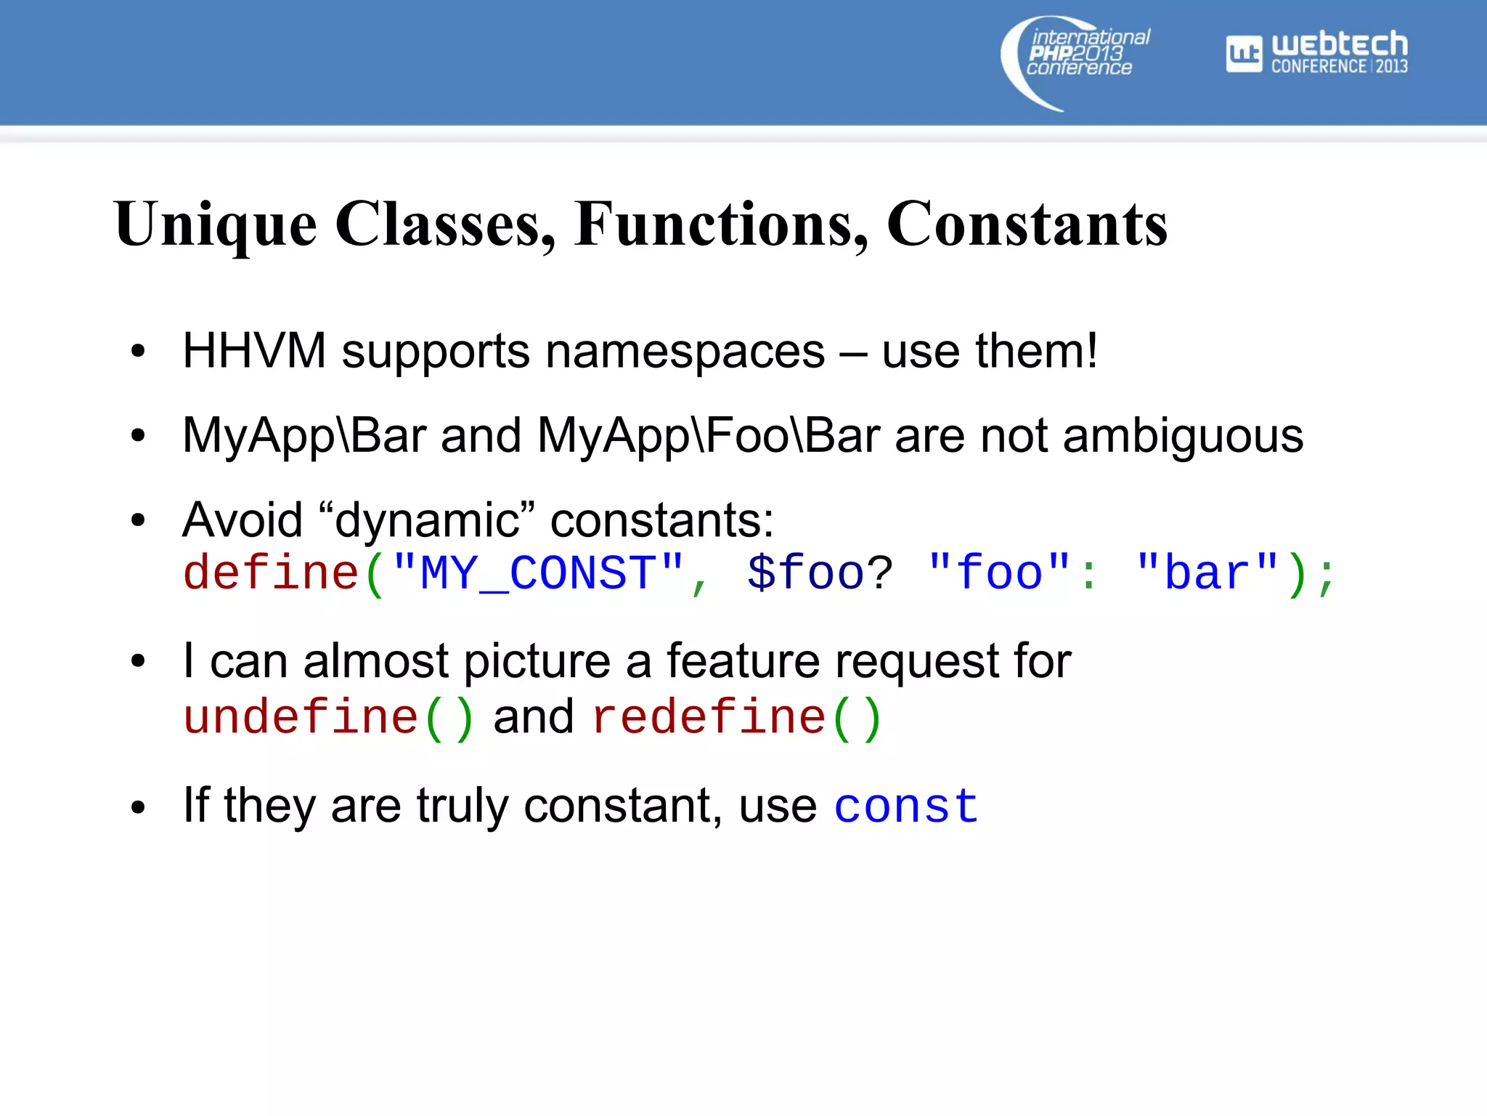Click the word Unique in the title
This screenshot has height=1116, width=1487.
[x=216, y=225]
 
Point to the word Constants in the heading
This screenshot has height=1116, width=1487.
[x=1027, y=225]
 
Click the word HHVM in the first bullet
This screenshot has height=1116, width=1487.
[x=254, y=352]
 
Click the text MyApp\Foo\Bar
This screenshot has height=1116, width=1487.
[x=709, y=436]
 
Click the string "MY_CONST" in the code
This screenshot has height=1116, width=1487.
[x=538, y=573]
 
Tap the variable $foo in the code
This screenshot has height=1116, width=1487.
[x=805, y=573]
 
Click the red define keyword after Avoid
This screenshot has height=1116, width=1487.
[x=271, y=573]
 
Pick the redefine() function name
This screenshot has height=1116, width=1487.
[x=736, y=718]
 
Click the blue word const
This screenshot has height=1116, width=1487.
[x=906, y=806]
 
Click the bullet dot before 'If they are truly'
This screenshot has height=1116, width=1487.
[x=138, y=807]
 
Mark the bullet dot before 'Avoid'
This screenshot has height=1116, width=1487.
[x=138, y=520]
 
